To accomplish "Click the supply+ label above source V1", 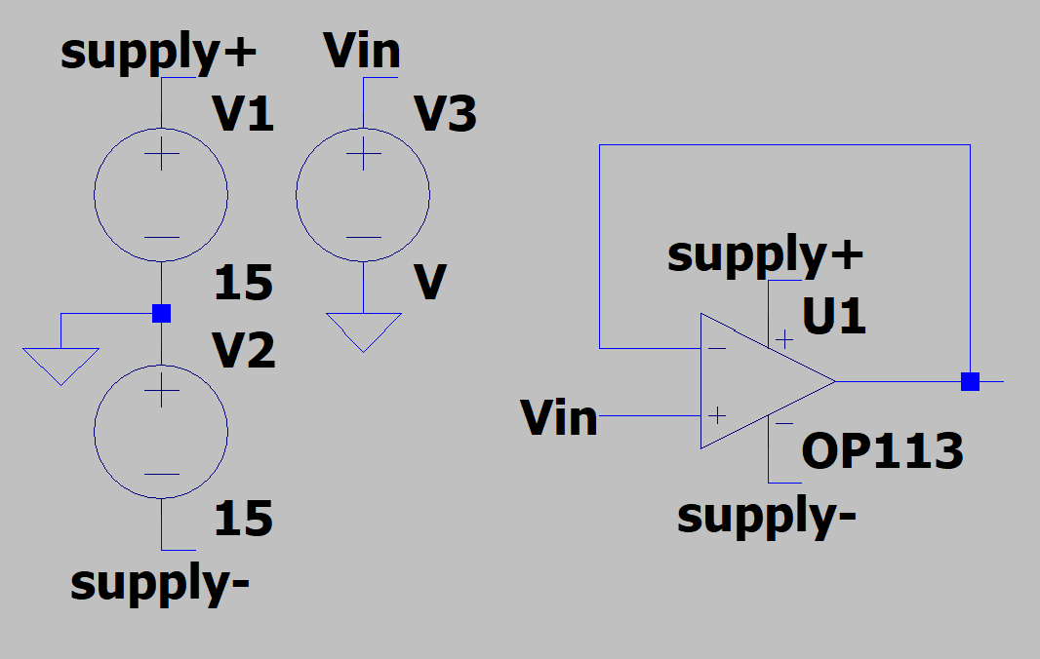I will tap(158, 54).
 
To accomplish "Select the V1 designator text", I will tap(244, 116).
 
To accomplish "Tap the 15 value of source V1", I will tap(244, 283).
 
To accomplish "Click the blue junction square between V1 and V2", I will tap(162, 313).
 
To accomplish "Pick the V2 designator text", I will tap(244, 351).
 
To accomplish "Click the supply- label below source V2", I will tap(160, 583).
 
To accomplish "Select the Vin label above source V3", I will tap(362, 52).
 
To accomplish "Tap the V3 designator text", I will tap(446, 116).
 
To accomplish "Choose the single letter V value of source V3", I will tap(430, 283).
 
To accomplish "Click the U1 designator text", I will tap(834, 317).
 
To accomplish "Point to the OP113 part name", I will tap(882, 451).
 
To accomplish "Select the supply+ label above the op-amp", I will tap(766, 255).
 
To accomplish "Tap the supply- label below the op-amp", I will tap(767, 516).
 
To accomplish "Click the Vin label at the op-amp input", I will tap(559, 417).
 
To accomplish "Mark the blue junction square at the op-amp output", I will tap(970, 381).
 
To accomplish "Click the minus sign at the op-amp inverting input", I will tap(717, 347).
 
